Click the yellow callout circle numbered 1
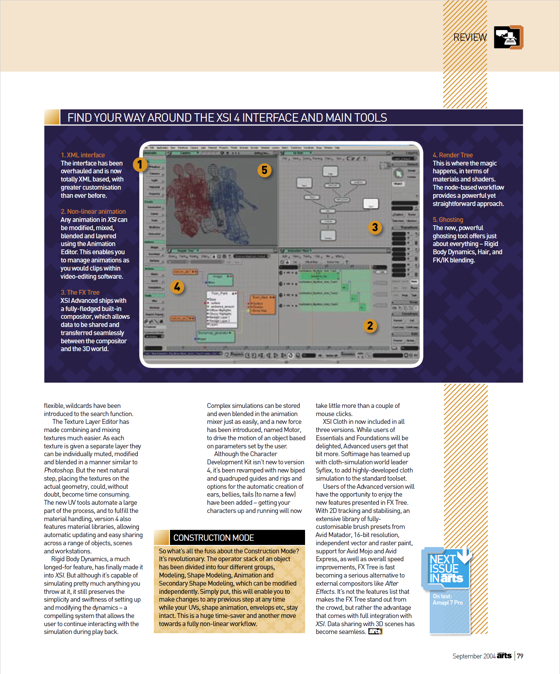pyautogui.click(x=140, y=164)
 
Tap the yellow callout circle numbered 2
pyautogui.click(x=370, y=326)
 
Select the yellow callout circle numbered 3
pyautogui.click(x=375, y=227)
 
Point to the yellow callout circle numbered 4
pyautogui.click(x=177, y=287)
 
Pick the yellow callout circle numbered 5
pyautogui.click(x=264, y=170)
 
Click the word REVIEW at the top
pyautogui.click(x=470, y=37)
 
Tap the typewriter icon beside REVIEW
pyautogui.click(x=508, y=37)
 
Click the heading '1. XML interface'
pyautogui.click(x=83, y=155)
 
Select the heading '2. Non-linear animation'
pyautogui.click(x=93, y=212)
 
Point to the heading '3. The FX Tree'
pyautogui.click(x=80, y=292)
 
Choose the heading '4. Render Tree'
pyautogui.click(x=452, y=155)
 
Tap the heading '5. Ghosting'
pyautogui.click(x=448, y=220)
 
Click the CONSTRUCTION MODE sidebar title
pyautogui.click(x=213, y=538)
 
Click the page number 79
pyautogui.click(x=520, y=656)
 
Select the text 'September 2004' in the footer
pyautogui.click(x=474, y=656)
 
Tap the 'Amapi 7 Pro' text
pyautogui.click(x=448, y=603)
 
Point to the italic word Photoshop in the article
pyautogui.click(x=59, y=470)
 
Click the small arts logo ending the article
pyautogui.click(x=375, y=631)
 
